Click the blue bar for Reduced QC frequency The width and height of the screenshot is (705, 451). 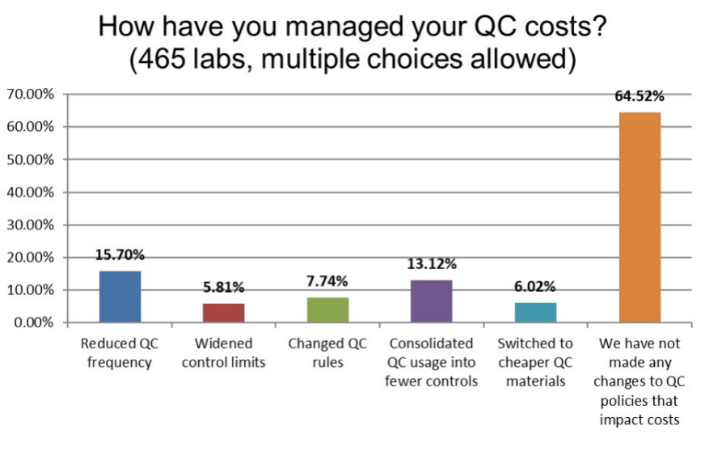tap(120, 297)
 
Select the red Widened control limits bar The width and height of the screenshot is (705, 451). tap(224, 313)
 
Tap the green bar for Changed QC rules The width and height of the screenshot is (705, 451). tap(328, 310)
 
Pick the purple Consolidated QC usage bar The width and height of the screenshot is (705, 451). tap(432, 301)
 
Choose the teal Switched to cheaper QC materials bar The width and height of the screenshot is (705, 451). tap(535, 312)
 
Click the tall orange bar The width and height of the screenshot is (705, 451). tap(640, 217)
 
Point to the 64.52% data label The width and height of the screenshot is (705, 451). tap(639, 96)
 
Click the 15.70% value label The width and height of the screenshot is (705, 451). tap(120, 255)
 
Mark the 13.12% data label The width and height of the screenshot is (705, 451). tap(432, 263)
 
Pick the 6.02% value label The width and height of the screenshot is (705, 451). tap(535, 286)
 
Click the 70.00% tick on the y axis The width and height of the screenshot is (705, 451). tap(31, 95)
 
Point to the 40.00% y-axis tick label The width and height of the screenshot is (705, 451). tap(31, 192)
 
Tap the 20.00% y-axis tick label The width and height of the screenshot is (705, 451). tap(31, 258)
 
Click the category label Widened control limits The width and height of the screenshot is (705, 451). tap(224, 352)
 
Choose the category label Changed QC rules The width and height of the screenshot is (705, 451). tap(327, 352)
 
